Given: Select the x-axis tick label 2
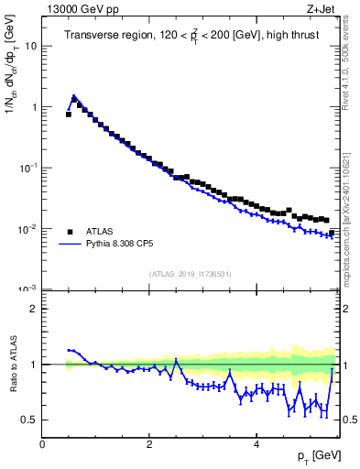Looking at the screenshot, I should point(149,444).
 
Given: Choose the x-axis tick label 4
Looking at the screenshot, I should point(256,444).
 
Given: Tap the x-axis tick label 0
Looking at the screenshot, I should point(42,444).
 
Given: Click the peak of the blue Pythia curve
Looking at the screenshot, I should point(73,95).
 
